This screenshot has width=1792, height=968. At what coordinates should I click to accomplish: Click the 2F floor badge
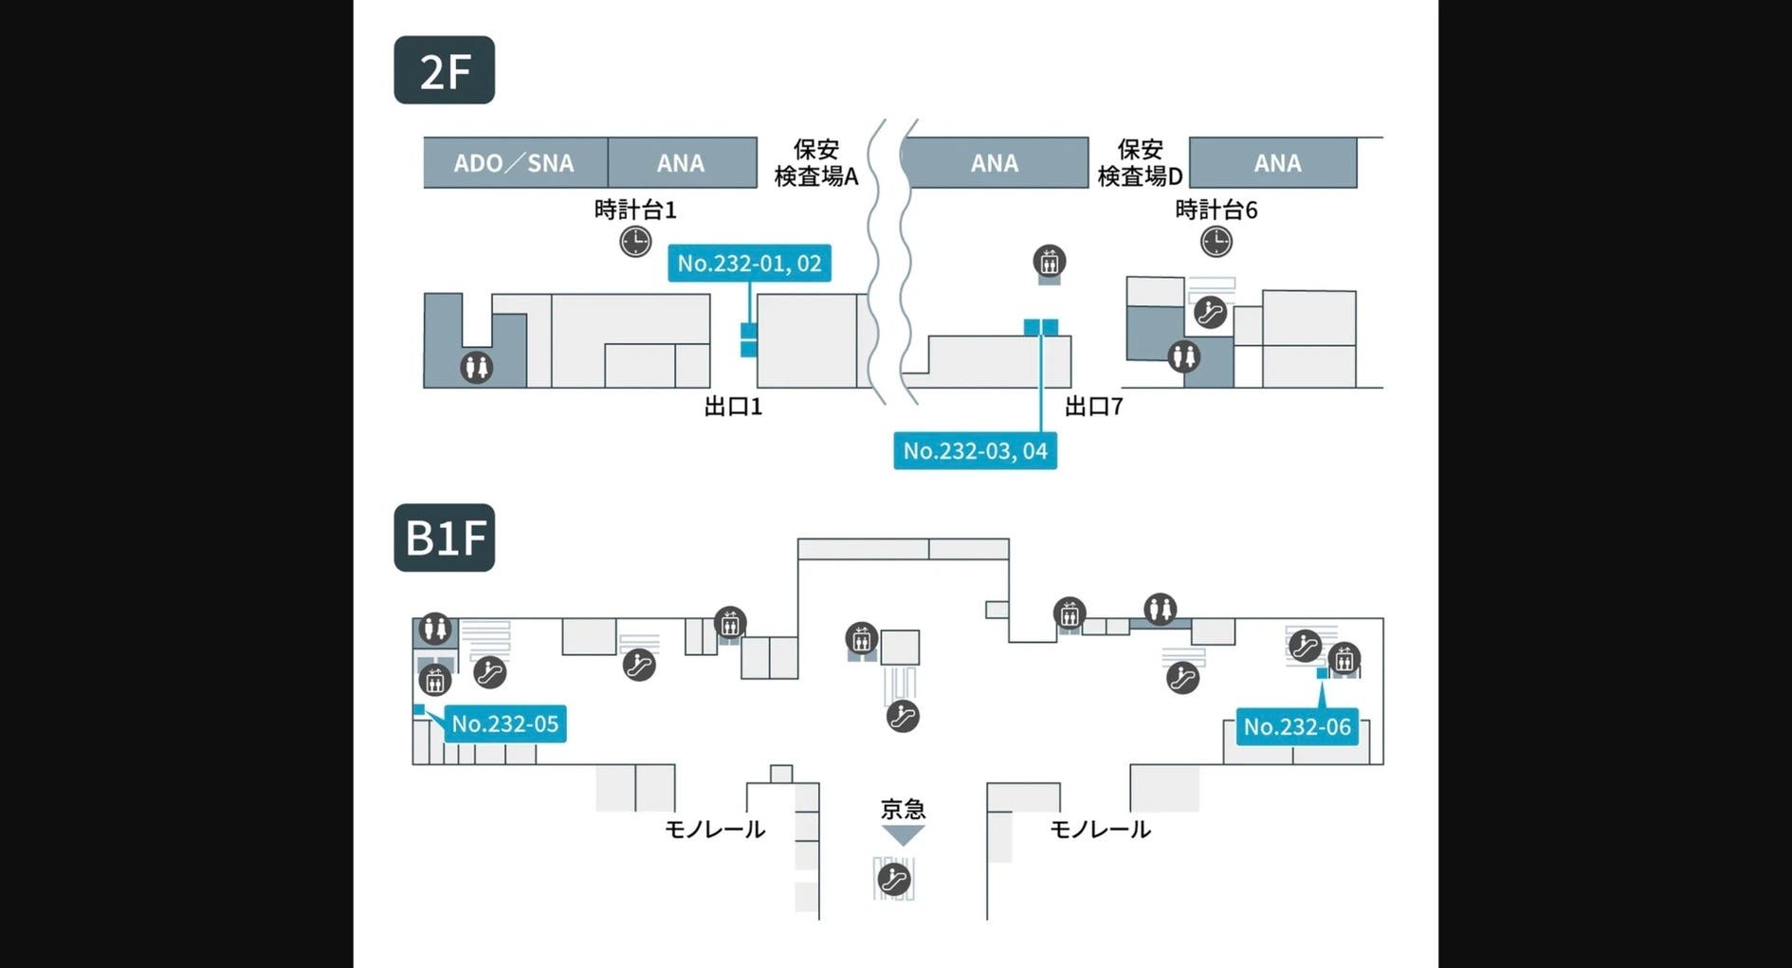444,70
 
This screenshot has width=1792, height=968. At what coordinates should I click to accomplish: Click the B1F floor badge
444,538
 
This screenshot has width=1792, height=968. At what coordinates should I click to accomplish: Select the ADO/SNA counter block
515,163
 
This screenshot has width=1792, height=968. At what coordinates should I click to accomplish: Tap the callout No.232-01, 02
749,263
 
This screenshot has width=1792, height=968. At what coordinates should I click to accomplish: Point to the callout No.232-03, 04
975,450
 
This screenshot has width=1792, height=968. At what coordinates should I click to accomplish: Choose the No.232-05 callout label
504,723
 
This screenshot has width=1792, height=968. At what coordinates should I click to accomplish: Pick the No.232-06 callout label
1296,726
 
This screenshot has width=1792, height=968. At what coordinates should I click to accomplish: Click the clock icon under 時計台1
635,241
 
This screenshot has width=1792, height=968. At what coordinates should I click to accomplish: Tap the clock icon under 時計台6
1216,241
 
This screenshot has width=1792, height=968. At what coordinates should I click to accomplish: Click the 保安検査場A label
816,163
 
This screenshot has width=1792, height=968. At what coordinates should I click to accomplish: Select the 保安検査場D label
1140,163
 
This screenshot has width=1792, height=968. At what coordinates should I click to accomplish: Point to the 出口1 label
733,407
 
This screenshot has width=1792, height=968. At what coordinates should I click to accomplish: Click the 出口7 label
1093,407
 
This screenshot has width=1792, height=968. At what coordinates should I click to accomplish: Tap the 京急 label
903,809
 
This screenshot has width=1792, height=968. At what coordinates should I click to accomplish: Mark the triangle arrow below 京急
903,834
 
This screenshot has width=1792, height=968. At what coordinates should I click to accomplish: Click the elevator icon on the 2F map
1049,261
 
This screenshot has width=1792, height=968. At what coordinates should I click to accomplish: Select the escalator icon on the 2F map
1211,312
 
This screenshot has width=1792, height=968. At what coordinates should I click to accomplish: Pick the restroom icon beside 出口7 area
1183,356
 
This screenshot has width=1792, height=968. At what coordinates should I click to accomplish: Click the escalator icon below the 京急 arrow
894,879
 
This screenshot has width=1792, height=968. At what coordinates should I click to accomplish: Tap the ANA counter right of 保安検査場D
1276,163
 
